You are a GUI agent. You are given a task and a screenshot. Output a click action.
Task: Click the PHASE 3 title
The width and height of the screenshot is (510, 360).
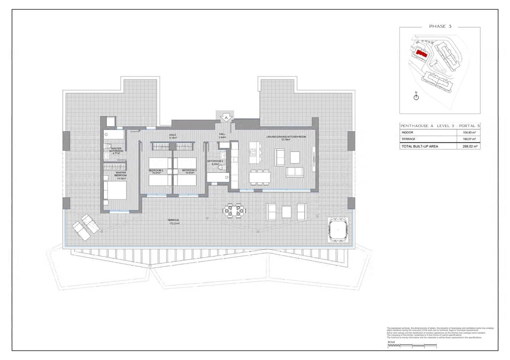pyautogui.click(x=440, y=26)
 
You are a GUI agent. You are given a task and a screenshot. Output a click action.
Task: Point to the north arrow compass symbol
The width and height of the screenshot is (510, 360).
pyautogui.click(x=416, y=97)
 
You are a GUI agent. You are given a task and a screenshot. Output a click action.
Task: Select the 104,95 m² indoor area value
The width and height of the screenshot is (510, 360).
pyautogui.click(x=469, y=133)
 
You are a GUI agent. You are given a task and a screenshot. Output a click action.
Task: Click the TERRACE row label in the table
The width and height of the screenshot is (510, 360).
pyautogui.click(x=408, y=139)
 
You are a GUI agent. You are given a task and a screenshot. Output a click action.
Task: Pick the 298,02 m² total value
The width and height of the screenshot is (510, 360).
pyautogui.click(x=470, y=147)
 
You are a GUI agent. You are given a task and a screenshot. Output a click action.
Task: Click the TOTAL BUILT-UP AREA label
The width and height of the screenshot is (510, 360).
pyautogui.click(x=420, y=147)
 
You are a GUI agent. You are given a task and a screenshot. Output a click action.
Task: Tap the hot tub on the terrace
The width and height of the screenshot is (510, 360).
pyautogui.click(x=338, y=229)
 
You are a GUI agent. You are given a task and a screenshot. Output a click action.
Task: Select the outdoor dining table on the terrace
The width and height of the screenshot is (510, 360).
pyautogui.click(x=234, y=210)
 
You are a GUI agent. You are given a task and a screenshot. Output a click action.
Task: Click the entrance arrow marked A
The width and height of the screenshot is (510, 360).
pyautogui.click(x=226, y=118)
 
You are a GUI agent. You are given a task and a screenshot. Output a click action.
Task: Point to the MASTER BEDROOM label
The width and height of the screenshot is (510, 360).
pyautogui.click(x=120, y=174)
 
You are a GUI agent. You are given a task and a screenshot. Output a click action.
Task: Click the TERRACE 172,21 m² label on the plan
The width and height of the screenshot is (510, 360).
pyautogui.click(x=173, y=221)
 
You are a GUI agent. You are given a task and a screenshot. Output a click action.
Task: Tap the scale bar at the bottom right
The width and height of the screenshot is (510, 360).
pyautogui.click(x=412, y=345)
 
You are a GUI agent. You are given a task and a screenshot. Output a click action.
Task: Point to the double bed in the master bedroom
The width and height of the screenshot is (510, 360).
pyautogui.click(x=115, y=190)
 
